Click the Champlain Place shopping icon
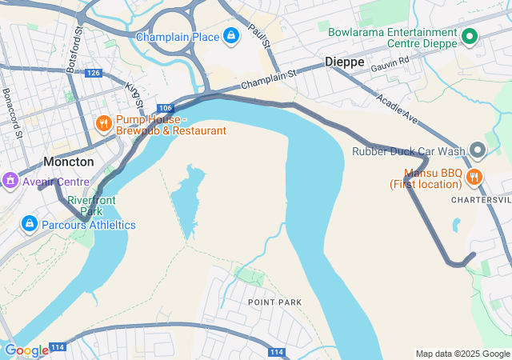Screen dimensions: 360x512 pyautogui.click(x=231, y=36)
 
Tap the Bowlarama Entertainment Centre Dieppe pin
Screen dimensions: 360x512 pyautogui.click(x=470, y=37)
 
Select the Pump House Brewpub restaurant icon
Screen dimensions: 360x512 pyautogui.click(x=103, y=124)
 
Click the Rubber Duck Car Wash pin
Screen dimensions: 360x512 pyautogui.click(x=478, y=150)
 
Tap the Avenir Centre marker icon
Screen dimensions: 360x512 pyautogui.click(x=11, y=182)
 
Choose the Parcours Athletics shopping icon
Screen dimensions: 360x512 pyautogui.click(x=30, y=224)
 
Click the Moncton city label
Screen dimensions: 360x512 pyautogui.click(x=68, y=162)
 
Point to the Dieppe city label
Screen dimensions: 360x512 pyautogui.click(x=345, y=62)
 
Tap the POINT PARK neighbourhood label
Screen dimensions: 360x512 pyautogui.click(x=274, y=302)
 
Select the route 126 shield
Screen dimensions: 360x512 pyautogui.click(x=94, y=73)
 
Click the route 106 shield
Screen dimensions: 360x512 pyautogui.click(x=165, y=108)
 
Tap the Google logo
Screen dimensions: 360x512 pyautogui.click(x=26, y=350)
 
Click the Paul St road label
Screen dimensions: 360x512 pyautogui.click(x=256, y=36)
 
